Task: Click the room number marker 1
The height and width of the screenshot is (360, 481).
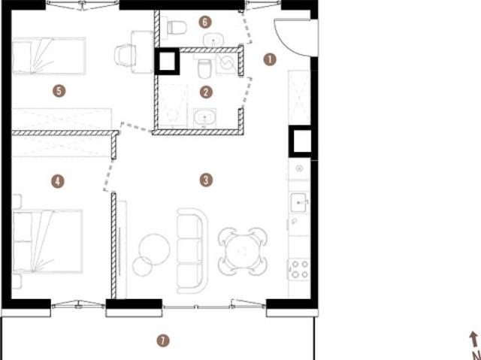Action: [x=270, y=59]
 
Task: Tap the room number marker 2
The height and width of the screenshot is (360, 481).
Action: [x=206, y=92]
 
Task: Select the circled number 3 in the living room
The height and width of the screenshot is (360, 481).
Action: [x=206, y=180]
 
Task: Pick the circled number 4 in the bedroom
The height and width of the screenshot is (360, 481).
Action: [x=58, y=182]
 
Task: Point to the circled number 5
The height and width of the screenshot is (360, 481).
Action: [x=59, y=91]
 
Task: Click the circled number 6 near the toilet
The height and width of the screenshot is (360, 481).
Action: [x=205, y=22]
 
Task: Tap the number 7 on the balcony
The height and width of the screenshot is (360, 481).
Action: [x=163, y=340]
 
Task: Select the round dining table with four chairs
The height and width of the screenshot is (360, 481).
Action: [x=243, y=252]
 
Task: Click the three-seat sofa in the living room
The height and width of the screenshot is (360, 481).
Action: [x=192, y=250]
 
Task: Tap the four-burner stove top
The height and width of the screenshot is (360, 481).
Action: [x=299, y=269]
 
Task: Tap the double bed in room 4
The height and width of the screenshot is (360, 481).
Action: [x=48, y=241]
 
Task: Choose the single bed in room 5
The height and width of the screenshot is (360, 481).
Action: [x=49, y=56]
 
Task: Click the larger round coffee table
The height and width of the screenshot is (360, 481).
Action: [x=154, y=250]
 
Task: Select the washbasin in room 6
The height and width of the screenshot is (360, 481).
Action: [x=213, y=40]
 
